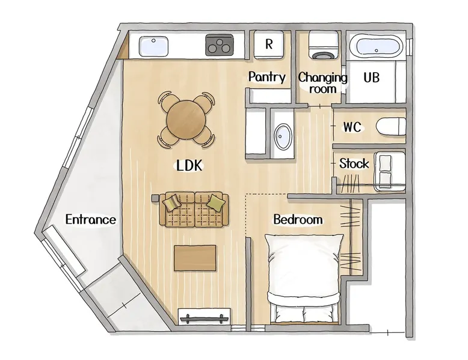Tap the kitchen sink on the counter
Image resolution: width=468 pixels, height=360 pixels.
pos(153,46)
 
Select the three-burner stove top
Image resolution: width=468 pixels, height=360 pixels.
pos(220,44)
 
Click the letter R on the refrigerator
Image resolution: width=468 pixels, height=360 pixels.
pos(269,44)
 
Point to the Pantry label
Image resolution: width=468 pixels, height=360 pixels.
pos(267,77)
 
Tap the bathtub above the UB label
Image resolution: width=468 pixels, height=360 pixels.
pos(376,46)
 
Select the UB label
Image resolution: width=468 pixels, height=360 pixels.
pos(372,78)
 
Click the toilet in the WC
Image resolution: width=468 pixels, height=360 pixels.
pos(391,127)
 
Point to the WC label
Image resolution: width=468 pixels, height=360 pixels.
pos(352,127)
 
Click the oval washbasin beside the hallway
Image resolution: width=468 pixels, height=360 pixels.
pos(283,137)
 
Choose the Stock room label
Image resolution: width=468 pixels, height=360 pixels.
pos(354,163)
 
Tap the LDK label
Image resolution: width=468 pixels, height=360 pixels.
pos(189,165)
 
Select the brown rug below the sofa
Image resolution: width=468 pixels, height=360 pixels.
pos(195,258)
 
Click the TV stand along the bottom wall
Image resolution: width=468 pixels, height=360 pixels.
pos(204,316)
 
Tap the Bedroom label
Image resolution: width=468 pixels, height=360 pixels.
pos(298,219)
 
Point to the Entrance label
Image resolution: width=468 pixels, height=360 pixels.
pos(91,219)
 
